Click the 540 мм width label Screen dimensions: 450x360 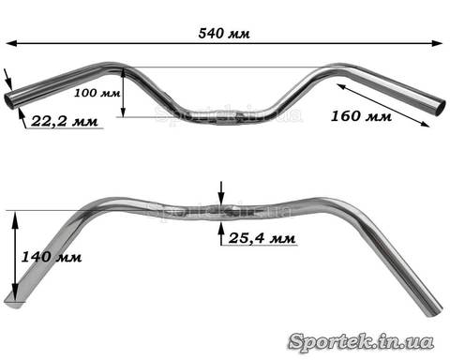pyautogui.click(x=224, y=33)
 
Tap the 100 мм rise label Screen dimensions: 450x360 pyautogui.click(x=97, y=93)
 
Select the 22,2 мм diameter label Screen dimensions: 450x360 pyautogui.click(x=65, y=121)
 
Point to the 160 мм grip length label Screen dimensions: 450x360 pyautogui.click(x=361, y=116)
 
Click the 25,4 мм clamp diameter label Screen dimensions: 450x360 pyautogui.click(x=262, y=238)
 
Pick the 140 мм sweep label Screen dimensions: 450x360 pyautogui.click(x=52, y=257)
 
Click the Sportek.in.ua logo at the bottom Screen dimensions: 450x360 pyautogui.click(x=361, y=341)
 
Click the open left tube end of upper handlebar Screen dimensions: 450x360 pyautogui.click(x=9, y=100)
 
